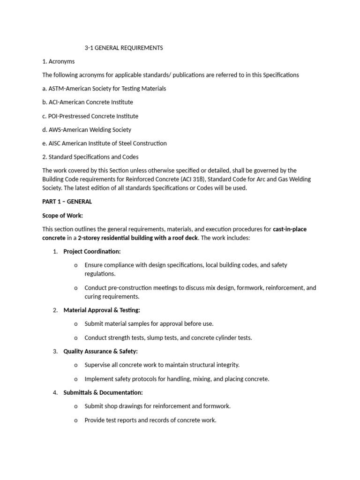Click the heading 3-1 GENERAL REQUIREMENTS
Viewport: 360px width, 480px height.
(x=124, y=48)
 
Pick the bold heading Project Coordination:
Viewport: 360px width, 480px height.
(x=92, y=252)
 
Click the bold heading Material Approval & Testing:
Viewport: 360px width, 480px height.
(x=102, y=310)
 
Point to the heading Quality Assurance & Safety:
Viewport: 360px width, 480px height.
(x=100, y=351)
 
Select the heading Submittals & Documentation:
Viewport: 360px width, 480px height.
(x=103, y=392)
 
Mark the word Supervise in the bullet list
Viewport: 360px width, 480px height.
(x=98, y=365)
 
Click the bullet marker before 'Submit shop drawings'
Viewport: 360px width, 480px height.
(x=76, y=406)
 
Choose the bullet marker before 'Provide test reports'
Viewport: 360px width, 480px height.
(x=76, y=420)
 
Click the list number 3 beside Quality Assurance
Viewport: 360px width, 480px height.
(x=55, y=351)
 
